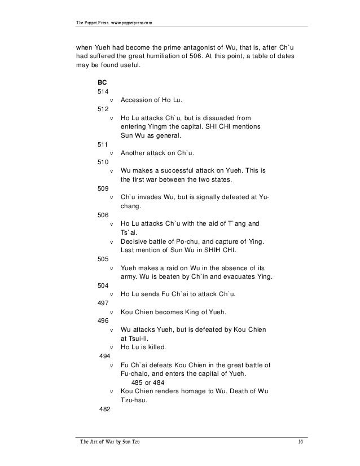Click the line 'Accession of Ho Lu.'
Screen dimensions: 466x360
(152, 100)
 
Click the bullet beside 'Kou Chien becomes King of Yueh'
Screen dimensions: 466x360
(111, 313)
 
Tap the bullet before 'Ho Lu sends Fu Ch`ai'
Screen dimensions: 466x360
(111, 294)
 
